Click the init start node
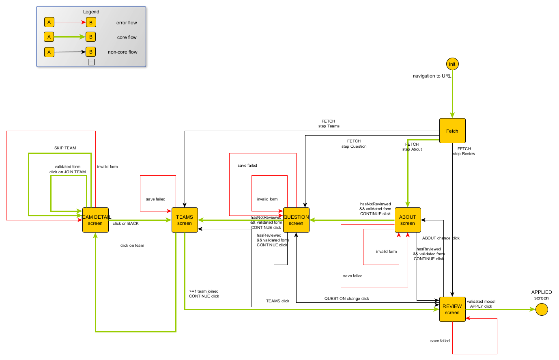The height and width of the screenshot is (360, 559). [x=452, y=64]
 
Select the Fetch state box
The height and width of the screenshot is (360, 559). [x=452, y=131]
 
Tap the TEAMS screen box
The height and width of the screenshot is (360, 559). [x=185, y=220]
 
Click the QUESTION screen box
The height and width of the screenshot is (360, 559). [x=296, y=220]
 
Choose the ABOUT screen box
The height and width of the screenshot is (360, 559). [x=408, y=220]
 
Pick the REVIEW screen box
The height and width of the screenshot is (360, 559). [x=452, y=309]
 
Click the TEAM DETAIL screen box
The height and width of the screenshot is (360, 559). [x=95, y=220]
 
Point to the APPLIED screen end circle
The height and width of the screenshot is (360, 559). [x=542, y=310]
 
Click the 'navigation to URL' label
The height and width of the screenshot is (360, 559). [x=432, y=76]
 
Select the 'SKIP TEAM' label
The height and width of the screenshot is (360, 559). [x=65, y=148]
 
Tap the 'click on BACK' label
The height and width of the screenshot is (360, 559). [x=126, y=224]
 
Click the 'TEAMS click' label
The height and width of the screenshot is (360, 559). [x=277, y=301]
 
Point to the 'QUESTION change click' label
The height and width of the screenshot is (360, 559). [x=347, y=299]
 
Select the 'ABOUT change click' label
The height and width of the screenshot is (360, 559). [x=441, y=238]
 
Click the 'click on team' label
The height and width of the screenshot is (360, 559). [x=132, y=246]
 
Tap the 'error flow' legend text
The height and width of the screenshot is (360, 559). [x=127, y=23]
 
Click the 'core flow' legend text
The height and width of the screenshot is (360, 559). [x=127, y=37]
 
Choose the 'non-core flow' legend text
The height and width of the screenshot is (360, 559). [x=123, y=52]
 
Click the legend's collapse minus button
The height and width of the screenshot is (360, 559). [x=91, y=62]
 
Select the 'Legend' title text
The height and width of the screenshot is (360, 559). [x=91, y=12]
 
